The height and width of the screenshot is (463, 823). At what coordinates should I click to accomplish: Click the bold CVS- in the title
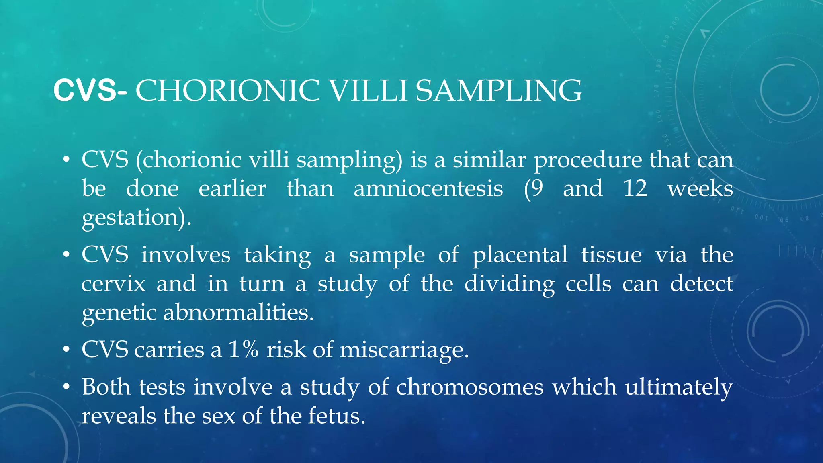tap(90, 91)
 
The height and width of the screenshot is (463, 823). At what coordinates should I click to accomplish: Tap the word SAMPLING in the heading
tap(498, 91)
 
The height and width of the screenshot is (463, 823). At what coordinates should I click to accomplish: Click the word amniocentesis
tap(428, 188)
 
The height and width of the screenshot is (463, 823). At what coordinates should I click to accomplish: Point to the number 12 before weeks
tap(635, 188)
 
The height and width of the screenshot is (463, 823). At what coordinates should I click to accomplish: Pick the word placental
tap(520, 255)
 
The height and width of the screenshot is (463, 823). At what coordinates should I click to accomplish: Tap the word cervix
tap(113, 284)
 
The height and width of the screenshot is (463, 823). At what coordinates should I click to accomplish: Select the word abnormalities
tap(238, 312)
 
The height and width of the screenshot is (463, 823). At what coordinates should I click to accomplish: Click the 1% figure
tap(243, 349)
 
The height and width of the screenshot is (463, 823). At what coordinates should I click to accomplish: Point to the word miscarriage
tap(404, 349)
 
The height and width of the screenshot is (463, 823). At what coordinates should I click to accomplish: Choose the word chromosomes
tap(470, 387)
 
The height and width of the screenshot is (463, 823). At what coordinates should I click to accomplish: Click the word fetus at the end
tap(337, 416)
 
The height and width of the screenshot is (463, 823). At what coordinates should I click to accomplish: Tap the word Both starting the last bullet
tap(106, 387)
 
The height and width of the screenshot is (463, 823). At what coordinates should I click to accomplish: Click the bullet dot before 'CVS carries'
tap(66, 350)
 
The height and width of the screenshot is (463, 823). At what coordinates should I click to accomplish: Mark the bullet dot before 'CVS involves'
tap(66, 255)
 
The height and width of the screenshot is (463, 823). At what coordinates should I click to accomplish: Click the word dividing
tap(510, 284)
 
